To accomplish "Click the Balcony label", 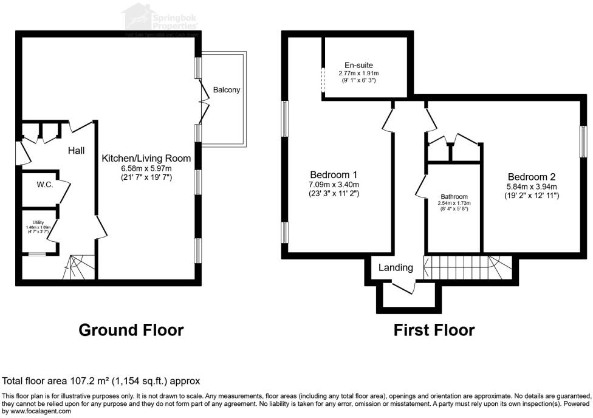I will tap(227, 90).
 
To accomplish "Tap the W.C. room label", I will tap(45, 185).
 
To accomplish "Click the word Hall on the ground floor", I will tap(76, 150).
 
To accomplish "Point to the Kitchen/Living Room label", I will tap(146, 158).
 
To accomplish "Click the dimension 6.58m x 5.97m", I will tap(146, 168).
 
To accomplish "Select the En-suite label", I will tap(358, 65).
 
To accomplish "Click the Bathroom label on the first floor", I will tap(454, 197).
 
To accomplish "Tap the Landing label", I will tap(396, 267).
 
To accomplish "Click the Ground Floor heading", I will tap(131, 330).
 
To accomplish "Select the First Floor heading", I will tap(434, 330).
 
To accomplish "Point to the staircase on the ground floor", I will tap(77, 267).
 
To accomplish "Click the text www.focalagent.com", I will tap(36, 411).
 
